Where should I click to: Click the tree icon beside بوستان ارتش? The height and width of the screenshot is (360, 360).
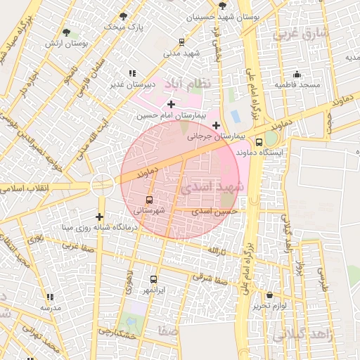pos(67,32)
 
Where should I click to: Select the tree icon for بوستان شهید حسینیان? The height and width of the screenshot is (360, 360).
pos(222,5)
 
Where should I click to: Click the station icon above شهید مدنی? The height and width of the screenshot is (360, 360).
pos(183,41)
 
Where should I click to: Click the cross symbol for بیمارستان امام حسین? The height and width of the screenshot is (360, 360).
pos(171,104)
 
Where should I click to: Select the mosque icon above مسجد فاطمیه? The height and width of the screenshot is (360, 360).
pos(297,75)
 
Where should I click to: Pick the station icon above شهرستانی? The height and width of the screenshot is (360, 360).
pos(148,200)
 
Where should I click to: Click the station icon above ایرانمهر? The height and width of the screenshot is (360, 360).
pos(154,279)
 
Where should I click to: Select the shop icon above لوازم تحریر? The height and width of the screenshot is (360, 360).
pos(271,295)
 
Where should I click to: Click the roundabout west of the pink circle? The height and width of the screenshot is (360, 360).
pos(102,185)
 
